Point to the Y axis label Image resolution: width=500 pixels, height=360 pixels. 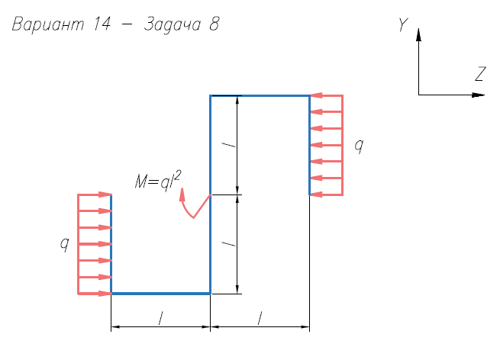point(402,26)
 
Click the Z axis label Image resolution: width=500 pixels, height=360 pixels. point(480,74)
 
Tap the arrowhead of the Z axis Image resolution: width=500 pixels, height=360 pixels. point(479,95)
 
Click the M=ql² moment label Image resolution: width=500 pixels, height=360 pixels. point(157,182)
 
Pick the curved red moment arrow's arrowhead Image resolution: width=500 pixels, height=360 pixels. point(182,194)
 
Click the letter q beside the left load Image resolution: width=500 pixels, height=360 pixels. point(65,243)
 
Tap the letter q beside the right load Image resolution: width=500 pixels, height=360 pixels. point(359,144)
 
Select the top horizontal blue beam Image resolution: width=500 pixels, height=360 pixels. point(260,95)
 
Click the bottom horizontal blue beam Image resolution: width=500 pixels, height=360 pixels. point(160,293)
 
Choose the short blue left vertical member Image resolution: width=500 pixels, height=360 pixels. point(111,244)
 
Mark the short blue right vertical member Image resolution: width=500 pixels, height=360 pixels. point(309,145)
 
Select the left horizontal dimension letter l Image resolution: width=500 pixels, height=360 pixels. point(160,319)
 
